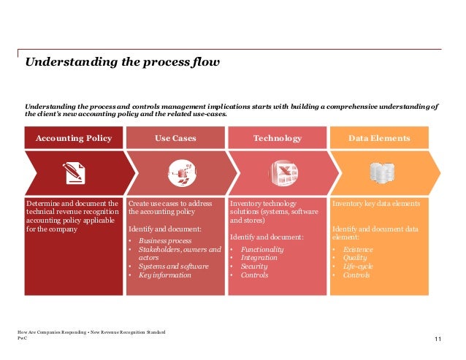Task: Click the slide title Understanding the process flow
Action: tap(122, 62)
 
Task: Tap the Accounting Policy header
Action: tap(74, 138)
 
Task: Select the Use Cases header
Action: tap(175, 138)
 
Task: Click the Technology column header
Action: tap(277, 138)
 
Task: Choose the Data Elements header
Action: tap(379, 138)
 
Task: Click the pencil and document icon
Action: tap(74, 172)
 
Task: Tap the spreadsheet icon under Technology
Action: tap(278, 172)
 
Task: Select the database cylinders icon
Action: tap(381, 172)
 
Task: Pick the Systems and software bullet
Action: tap(174, 267)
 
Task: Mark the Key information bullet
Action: tap(164, 275)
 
